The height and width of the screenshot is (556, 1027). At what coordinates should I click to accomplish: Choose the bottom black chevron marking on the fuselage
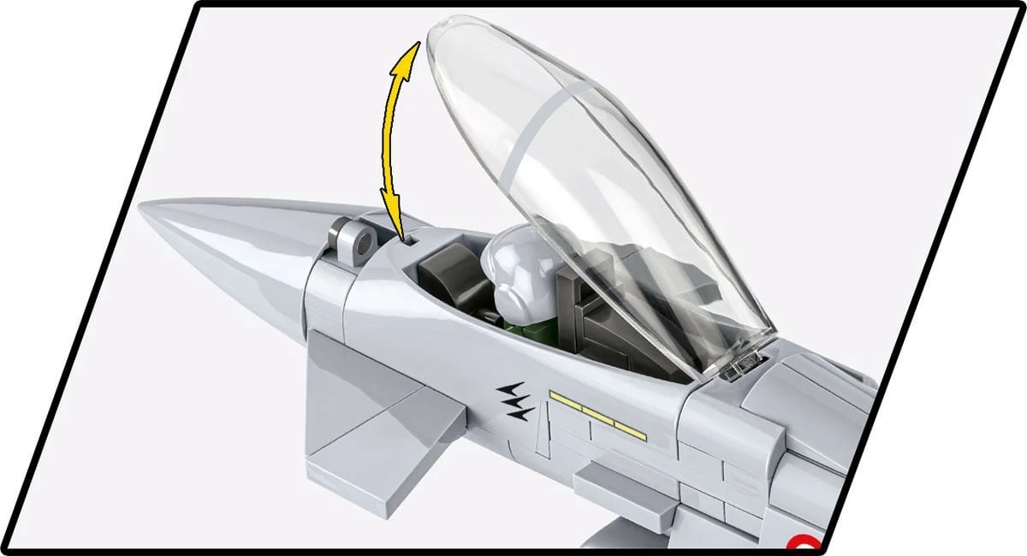coord(520,413)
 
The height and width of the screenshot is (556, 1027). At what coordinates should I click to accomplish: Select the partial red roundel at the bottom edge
coord(803,544)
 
